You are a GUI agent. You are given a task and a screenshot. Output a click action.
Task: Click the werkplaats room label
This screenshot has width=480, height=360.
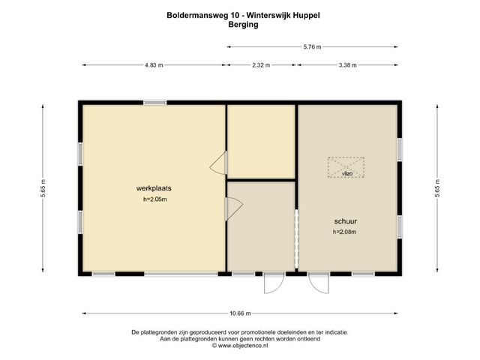pos(154,188)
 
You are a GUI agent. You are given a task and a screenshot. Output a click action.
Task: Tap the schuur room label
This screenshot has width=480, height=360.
pos(345,221)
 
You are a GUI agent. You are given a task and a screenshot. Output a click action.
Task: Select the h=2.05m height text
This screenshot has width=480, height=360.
pos(155,199)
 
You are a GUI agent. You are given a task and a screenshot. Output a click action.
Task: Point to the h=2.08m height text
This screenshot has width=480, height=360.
pos(344,232)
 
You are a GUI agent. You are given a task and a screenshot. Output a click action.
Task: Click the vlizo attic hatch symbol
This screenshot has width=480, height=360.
pos(346,167)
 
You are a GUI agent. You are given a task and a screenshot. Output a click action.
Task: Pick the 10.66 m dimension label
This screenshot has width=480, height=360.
pos(240,313)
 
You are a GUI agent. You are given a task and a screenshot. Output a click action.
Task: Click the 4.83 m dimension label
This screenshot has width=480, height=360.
pos(154,65)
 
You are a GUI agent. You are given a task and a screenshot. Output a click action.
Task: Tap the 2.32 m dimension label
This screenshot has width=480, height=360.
pos(261,65)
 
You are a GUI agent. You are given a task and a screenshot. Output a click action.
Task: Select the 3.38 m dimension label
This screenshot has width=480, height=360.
pos(347,65)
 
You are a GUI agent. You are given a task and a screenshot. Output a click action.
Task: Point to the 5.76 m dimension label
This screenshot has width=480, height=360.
pos(312,46)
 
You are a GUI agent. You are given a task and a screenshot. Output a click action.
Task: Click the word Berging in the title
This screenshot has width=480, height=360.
pos(243,25)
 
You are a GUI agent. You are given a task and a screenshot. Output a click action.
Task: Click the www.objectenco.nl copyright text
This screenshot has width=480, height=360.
pos(240,346)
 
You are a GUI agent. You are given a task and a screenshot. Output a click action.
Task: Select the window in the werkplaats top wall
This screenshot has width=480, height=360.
pos(155,103)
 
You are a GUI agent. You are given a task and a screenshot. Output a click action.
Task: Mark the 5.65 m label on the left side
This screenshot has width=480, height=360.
pos(43,187)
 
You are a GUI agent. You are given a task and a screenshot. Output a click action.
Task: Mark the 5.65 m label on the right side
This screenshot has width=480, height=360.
pos(437,187)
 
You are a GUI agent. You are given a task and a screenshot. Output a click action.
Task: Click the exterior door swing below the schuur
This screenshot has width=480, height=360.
pos(318,283)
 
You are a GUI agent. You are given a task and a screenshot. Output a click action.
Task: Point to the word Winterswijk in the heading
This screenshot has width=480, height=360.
pos(268,15)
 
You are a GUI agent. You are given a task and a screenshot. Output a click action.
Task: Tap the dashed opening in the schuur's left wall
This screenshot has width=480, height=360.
pos(296,238)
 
